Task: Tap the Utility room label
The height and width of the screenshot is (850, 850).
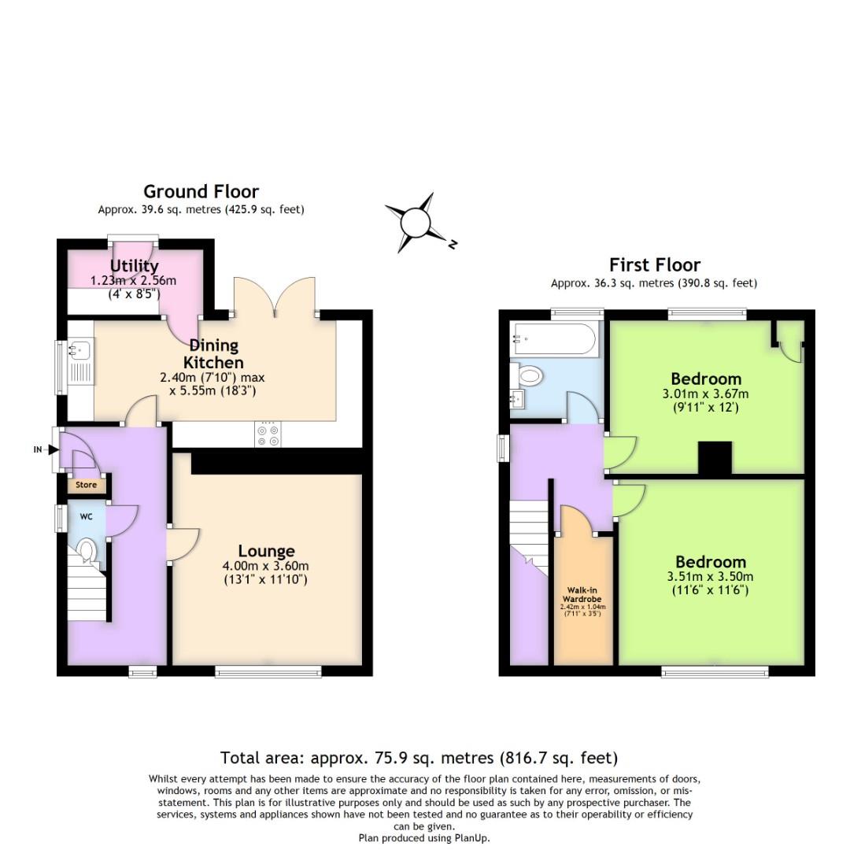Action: tap(135, 266)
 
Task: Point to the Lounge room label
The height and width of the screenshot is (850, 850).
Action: tap(267, 551)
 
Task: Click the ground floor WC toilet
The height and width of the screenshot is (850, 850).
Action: tap(88, 552)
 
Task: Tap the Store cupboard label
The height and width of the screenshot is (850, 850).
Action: tap(86, 485)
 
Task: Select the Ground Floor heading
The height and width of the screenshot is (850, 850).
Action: tap(201, 191)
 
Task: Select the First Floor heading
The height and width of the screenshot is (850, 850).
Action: tap(654, 264)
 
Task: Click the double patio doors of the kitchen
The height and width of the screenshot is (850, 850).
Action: tap(275, 297)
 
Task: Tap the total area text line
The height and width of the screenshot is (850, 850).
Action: tap(419, 758)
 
